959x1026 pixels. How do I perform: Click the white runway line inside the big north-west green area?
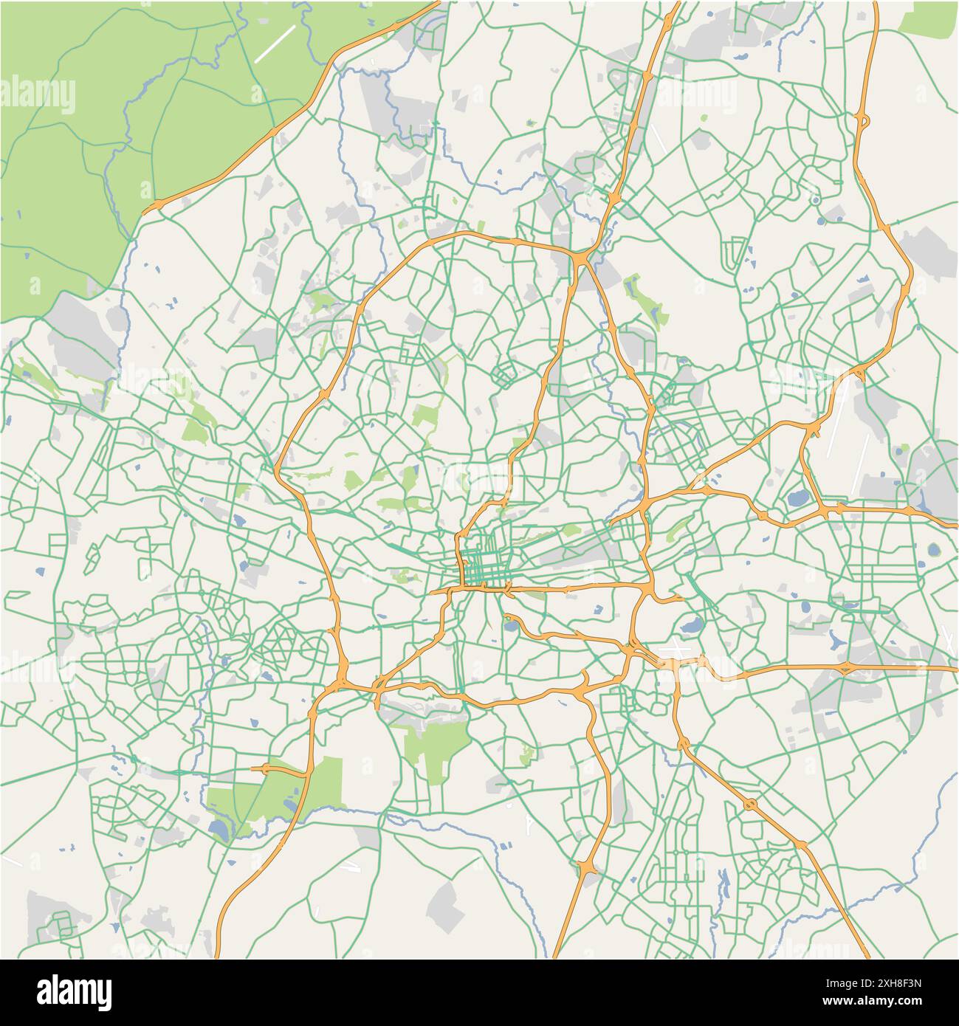coord(274,44)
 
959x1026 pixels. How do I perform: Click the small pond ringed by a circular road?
coord(815,200)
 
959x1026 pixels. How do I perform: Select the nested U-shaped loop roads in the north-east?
coord(735,253)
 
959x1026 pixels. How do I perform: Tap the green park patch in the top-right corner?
coord(929,18)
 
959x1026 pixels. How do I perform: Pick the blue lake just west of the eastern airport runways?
coord(798,499)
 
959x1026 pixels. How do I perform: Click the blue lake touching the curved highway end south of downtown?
coord(509,627)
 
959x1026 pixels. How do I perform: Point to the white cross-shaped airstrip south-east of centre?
coord(674,649)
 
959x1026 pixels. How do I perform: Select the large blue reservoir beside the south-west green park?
coord(219,830)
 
